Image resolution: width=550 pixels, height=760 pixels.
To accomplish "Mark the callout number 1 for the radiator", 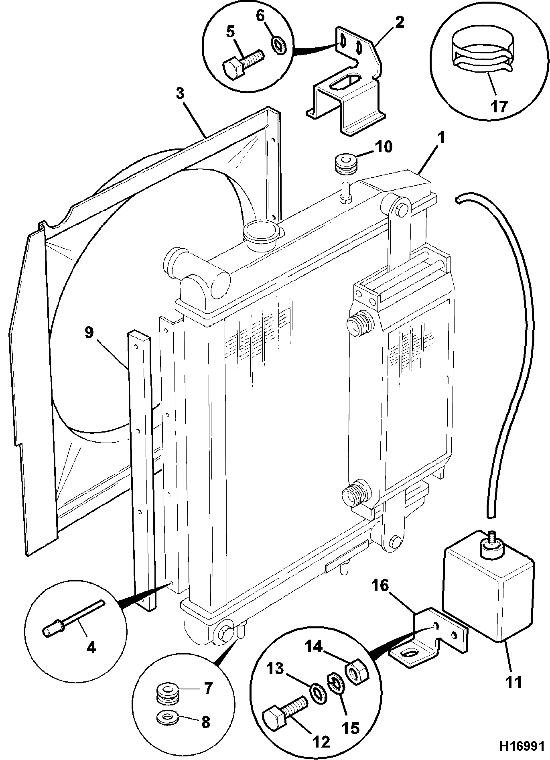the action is (441, 138).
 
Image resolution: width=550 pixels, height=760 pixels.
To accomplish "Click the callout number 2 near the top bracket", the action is (399, 22).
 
